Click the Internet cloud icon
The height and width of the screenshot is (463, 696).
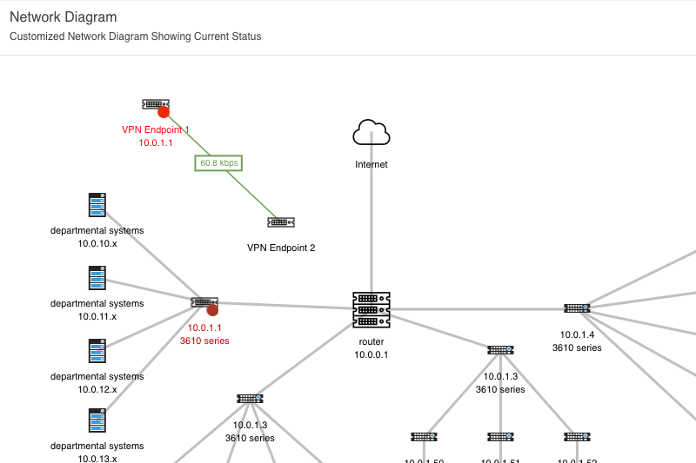(371, 133)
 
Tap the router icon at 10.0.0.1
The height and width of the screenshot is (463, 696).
(371, 309)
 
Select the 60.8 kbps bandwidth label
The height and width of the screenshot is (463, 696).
(218, 162)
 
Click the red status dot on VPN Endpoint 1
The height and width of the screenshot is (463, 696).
(163, 111)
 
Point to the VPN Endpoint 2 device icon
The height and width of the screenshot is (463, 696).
(281, 222)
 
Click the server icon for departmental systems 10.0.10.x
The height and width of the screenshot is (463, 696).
(97, 205)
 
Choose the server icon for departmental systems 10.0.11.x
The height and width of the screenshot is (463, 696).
(97, 278)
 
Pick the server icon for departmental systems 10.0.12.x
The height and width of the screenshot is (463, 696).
(97, 351)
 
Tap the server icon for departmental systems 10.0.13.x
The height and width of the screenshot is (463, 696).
(97, 421)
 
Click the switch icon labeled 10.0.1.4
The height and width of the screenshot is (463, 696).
(577, 308)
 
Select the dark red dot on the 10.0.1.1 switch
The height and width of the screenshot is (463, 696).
(212, 309)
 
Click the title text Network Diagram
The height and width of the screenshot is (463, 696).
(63, 17)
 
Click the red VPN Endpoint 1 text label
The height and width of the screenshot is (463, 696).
(155, 129)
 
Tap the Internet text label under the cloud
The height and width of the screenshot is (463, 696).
(371, 164)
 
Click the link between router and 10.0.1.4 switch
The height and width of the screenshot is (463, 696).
(478, 308)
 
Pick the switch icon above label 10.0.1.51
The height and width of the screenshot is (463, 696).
(500, 436)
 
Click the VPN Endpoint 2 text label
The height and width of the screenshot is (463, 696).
(281, 248)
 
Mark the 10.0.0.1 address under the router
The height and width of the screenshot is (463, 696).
(371, 354)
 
